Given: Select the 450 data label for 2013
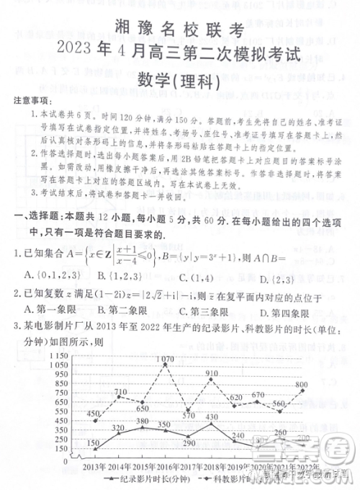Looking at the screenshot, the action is click(91, 414).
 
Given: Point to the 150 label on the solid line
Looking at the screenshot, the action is click(93, 443).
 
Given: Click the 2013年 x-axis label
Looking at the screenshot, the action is click(99, 466).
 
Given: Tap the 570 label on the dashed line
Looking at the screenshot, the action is click(189, 415).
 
